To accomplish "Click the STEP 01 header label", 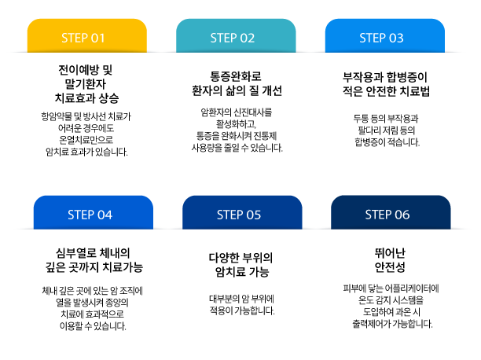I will click(x=86, y=38).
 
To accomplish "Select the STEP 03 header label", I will click(x=381, y=38).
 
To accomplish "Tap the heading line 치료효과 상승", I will click(x=86, y=97).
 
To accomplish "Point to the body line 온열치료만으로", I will click(x=86, y=138).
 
